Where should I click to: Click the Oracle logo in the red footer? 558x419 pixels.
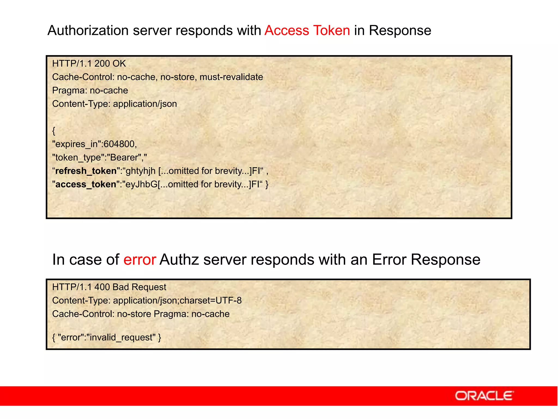(x=484, y=396)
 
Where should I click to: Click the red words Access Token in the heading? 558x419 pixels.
(x=307, y=30)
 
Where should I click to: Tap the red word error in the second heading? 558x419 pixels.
(x=139, y=259)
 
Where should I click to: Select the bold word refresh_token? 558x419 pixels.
(x=86, y=171)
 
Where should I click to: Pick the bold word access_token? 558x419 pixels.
(x=86, y=184)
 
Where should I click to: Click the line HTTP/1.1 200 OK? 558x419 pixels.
(x=89, y=64)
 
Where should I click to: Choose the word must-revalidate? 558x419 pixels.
(x=231, y=77)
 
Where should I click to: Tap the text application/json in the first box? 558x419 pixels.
(x=145, y=104)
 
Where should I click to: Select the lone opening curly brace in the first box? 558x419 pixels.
(x=54, y=131)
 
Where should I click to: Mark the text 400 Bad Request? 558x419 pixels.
(x=130, y=287)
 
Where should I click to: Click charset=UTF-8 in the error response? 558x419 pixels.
(x=211, y=301)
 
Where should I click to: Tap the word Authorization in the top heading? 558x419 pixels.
(x=88, y=30)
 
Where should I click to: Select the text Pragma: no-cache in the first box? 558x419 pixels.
(x=90, y=91)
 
